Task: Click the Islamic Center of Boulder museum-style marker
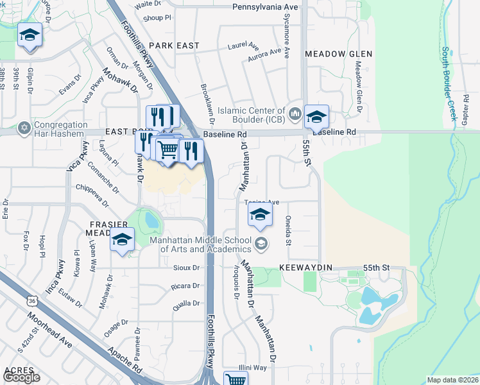click(x=295, y=114)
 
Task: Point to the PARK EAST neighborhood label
click(x=174, y=46)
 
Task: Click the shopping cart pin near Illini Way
click(x=236, y=380)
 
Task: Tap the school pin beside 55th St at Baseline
click(x=316, y=117)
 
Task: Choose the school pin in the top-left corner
click(x=30, y=35)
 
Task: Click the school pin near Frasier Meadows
click(x=121, y=240)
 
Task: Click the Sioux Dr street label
click(x=187, y=267)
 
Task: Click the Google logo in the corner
click(x=22, y=378)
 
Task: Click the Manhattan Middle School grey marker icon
click(x=261, y=243)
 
